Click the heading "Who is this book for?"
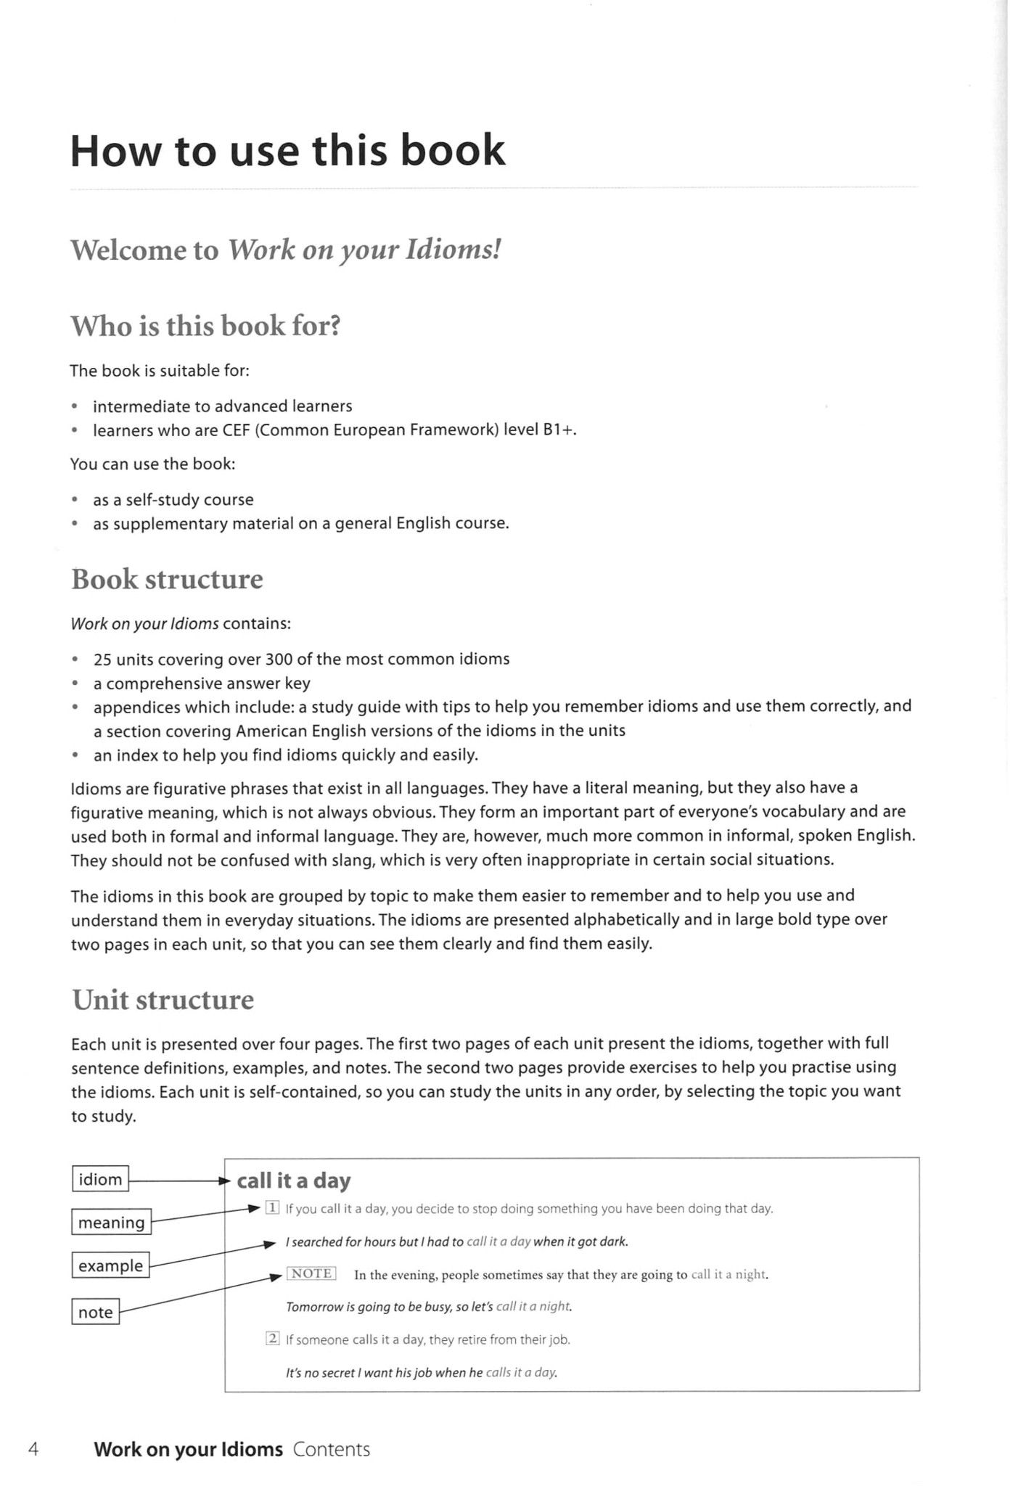click(205, 326)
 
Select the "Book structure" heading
click(167, 579)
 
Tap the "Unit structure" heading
click(163, 1000)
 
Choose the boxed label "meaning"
click(112, 1223)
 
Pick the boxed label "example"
click(110, 1265)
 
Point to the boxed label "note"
click(95, 1312)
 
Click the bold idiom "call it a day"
click(294, 1181)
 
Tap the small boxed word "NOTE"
click(311, 1273)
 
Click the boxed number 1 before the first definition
click(272, 1208)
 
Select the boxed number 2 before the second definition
click(273, 1339)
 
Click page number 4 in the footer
click(33, 1450)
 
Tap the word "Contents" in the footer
click(332, 1450)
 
